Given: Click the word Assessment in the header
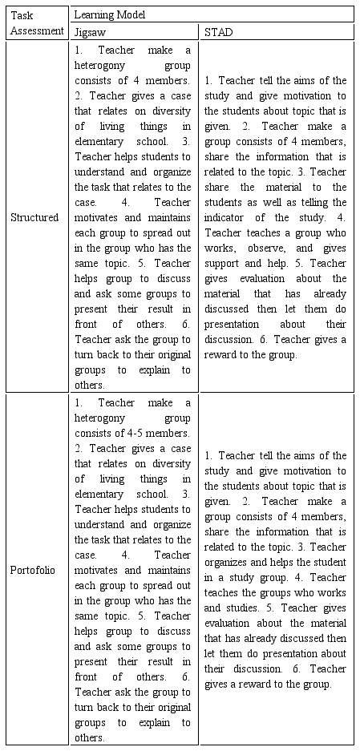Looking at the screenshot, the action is tap(38, 30).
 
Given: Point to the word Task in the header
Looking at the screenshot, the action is tap(22, 15).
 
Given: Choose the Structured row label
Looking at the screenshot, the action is tap(34, 217).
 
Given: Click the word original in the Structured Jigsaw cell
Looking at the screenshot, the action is tap(168, 355).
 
